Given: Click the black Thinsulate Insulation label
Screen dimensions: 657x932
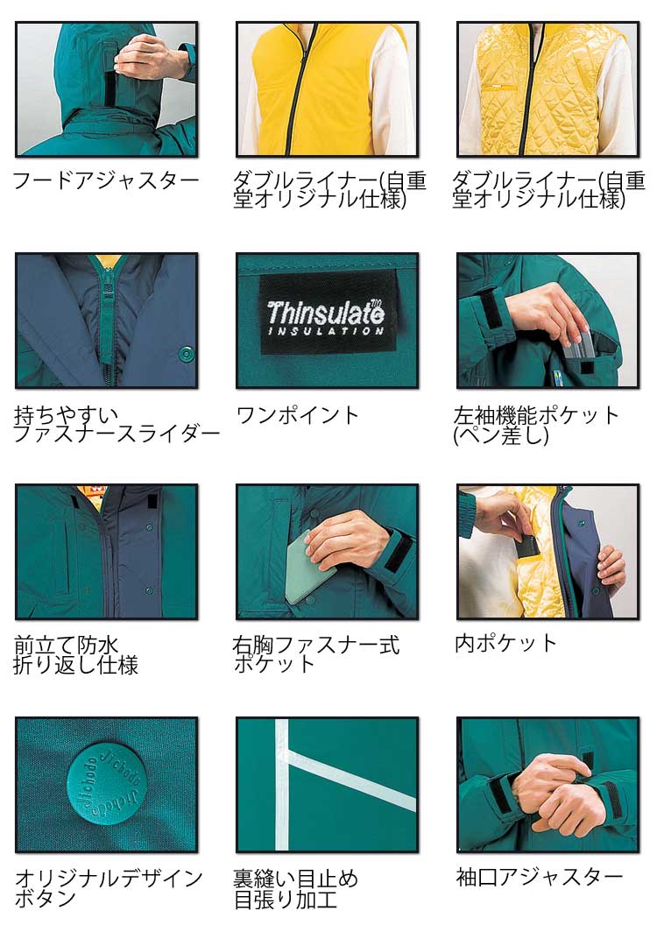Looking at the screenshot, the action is [328, 312].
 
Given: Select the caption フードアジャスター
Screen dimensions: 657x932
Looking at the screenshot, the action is [106, 180].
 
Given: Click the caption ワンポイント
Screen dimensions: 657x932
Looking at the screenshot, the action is [297, 415].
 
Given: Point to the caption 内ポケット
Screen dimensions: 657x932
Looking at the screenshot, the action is [505, 643].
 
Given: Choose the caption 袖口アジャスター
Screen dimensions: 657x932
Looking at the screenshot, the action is [540, 877].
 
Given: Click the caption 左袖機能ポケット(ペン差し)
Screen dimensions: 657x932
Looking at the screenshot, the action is [536, 425].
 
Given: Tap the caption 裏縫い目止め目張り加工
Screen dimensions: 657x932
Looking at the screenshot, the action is [295, 889].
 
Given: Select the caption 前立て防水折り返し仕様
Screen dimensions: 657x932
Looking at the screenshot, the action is [75, 655].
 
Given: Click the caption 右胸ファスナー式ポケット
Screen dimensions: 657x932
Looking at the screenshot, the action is [315, 653].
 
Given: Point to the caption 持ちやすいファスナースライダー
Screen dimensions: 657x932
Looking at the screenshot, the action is [117, 424].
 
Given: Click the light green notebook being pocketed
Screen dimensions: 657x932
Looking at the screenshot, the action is [310, 569].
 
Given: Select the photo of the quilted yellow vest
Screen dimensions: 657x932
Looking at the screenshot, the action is [548, 89].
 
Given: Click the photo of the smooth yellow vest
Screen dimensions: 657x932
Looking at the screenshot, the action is [328, 89].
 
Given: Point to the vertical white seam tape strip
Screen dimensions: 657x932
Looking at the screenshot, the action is [282, 785].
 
